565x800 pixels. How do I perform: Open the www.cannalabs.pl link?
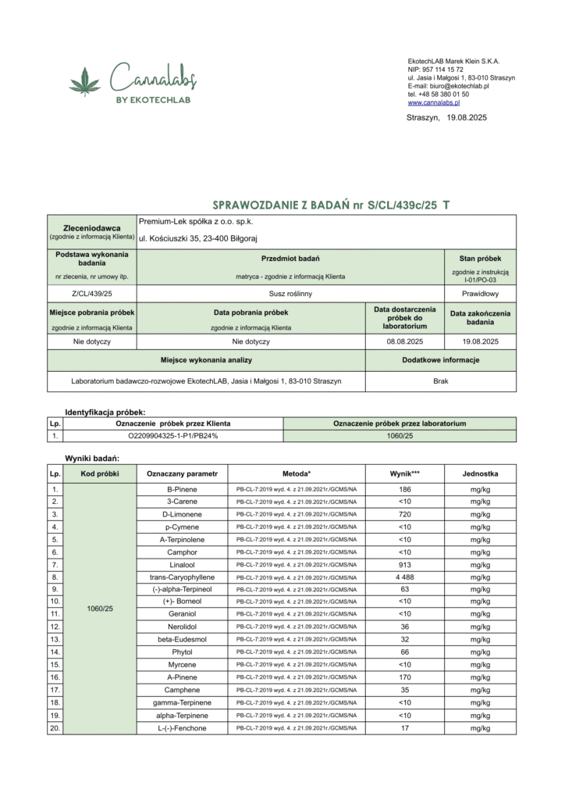pyautogui.click(x=433, y=102)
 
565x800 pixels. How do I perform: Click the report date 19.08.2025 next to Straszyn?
pyautogui.click(x=467, y=117)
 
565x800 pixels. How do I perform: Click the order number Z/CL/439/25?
pyautogui.click(x=91, y=294)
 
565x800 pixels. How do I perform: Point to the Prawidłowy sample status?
pyautogui.click(x=480, y=294)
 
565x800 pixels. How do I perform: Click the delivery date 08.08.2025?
pyautogui.click(x=403, y=341)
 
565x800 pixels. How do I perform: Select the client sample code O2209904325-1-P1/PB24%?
pyautogui.click(x=172, y=436)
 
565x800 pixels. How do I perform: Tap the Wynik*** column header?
pyautogui.click(x=404, y=473)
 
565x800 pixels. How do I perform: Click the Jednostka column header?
pyautogui.click(x=480, y=473)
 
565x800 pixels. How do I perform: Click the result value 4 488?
pyautogui.click(x=404, y=577)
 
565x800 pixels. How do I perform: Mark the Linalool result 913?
pyautogui.click(x=404, y=564)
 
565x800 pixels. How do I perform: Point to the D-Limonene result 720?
pyautogui.click(x=404, y=514)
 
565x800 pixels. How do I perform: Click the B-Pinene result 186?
pyautogui.click(x=404, y=489)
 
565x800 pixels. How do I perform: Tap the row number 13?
pyautogui.click(x=55, y=639)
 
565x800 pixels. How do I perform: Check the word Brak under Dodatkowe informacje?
pyautogui.click(x=440, y=380)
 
